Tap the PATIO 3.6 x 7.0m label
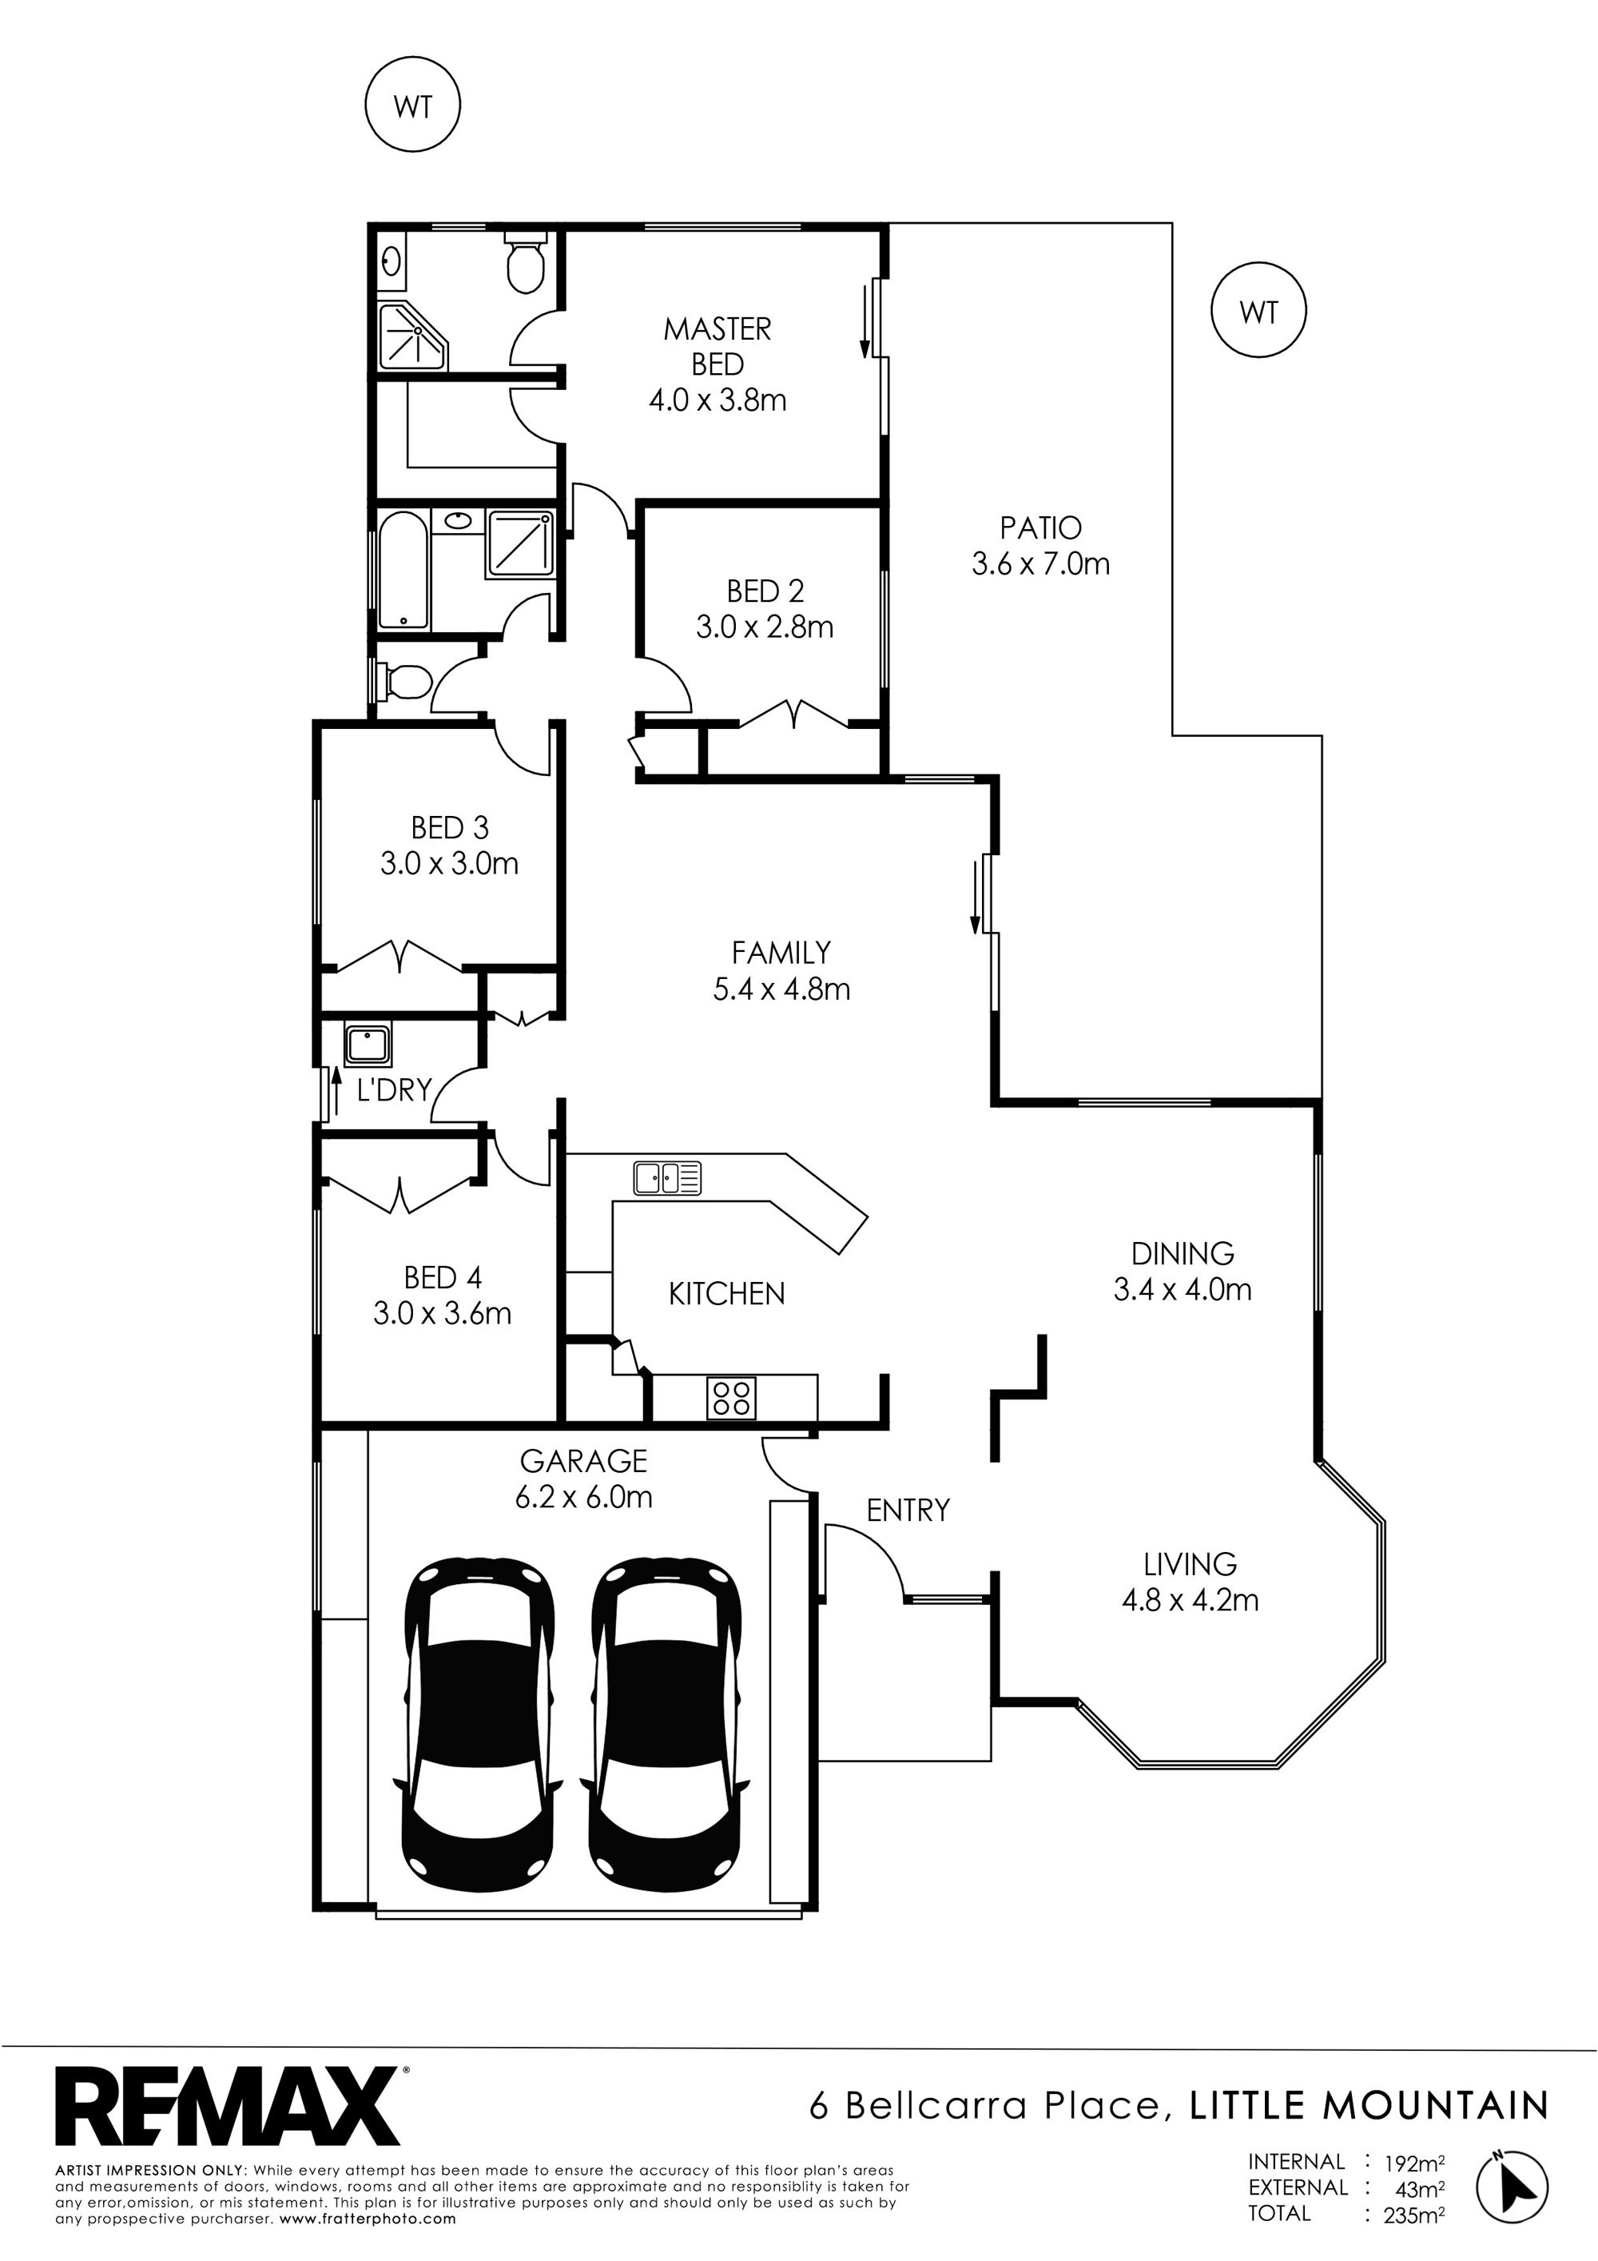click(1041, 546)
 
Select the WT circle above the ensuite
click(412, 105)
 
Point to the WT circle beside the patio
click(1258, 311)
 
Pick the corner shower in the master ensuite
click(412, 335)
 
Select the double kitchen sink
click(667, 1178)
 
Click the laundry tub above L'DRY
click(368, 1045)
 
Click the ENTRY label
click(908, 1510)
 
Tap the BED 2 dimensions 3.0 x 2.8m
click(765, 627)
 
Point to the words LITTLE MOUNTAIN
click(1369, 2105)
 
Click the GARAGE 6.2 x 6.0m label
click(584, 1479)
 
